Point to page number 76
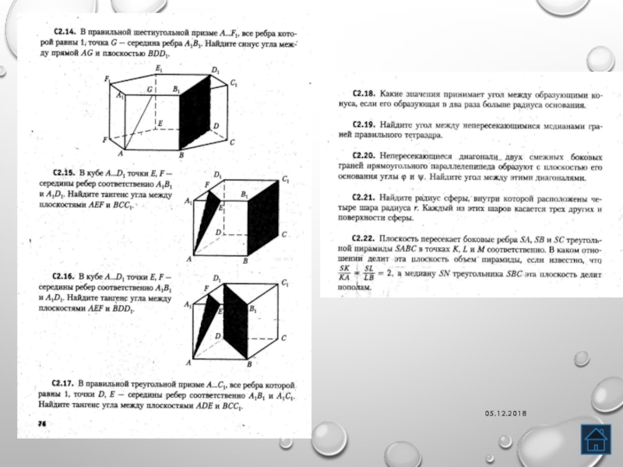pyautogui.click(x=42, y=421)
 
